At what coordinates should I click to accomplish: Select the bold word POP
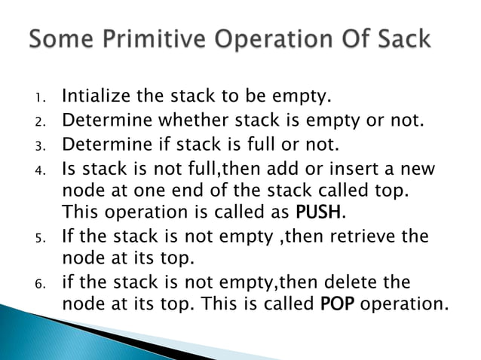333,306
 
